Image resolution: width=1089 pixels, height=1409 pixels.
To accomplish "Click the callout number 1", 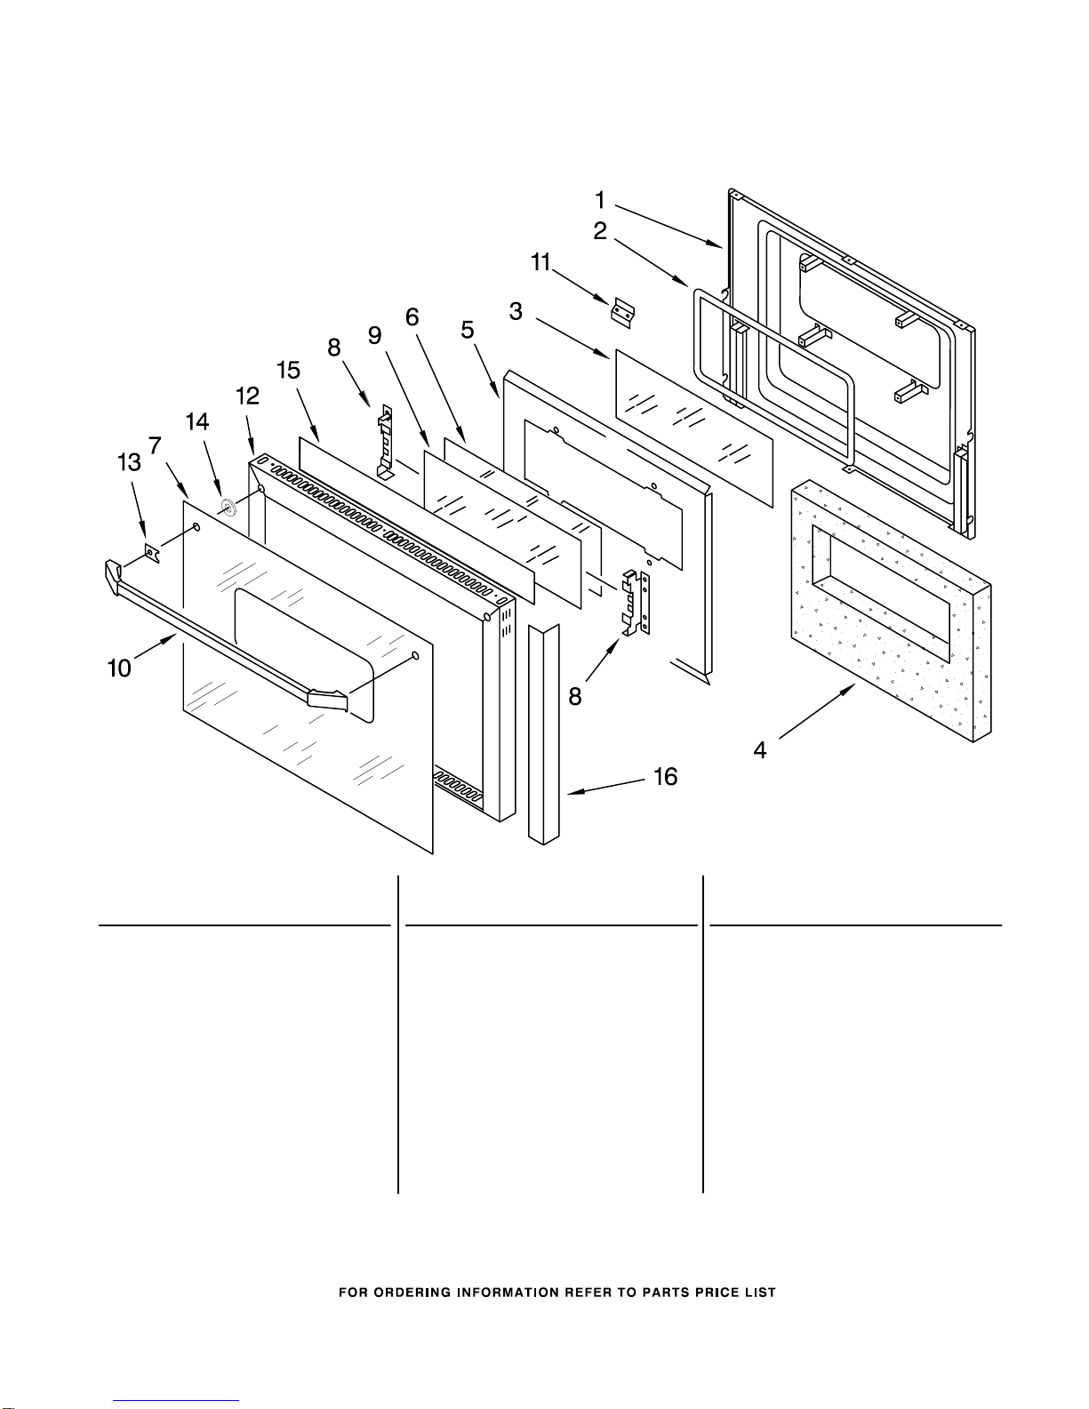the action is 600,200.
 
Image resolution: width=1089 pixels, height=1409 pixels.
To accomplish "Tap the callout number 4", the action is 760,750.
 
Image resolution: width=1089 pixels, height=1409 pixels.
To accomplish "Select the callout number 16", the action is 666,776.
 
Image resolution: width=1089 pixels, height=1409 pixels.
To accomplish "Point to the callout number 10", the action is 119,668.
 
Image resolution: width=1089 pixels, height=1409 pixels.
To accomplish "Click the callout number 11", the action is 540,262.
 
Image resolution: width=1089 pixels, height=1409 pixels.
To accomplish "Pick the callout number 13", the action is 129,462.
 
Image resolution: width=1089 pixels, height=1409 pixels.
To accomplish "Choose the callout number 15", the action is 288,370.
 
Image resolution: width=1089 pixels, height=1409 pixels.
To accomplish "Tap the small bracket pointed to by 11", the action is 623,313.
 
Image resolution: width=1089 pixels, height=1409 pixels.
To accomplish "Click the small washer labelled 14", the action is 228,507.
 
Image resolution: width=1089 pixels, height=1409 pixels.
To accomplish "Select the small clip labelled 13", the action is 152,553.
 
